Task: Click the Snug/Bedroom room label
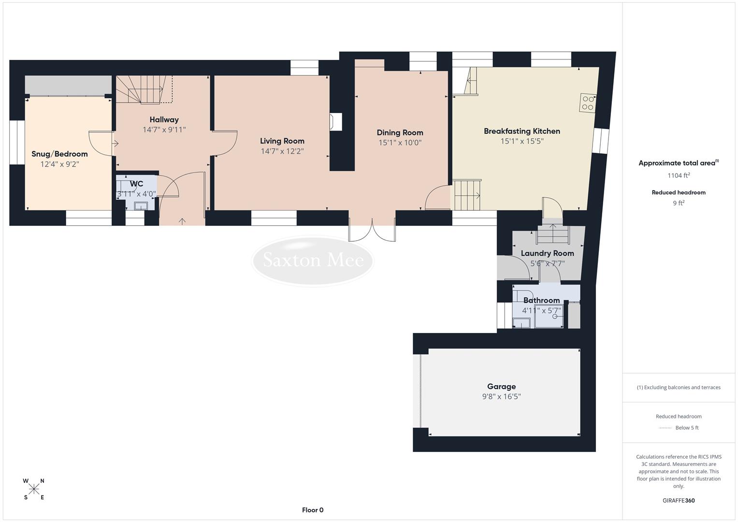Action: pos(59,154)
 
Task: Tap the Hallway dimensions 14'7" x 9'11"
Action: pos(164,130)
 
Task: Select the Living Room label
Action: pos(282,141)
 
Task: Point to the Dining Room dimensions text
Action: pos(400,143)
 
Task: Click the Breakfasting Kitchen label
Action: pos(522,131)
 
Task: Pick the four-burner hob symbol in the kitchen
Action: pos(588,102)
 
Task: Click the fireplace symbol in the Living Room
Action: pos(335,122)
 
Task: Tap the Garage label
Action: pos(501,387)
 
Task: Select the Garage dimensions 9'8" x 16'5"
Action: pos(501,397)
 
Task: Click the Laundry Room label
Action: pos(547,253)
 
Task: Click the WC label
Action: pos(136,184)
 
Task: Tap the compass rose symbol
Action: pos(34,489)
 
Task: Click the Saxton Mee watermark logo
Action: pos(313,261)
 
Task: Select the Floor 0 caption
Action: pos(312,510)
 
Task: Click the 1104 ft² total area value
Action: pos(679,175)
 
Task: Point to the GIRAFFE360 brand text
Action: pos(678,501)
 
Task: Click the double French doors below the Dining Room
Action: pos(372,230)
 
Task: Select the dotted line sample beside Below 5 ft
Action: pos(665,428)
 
